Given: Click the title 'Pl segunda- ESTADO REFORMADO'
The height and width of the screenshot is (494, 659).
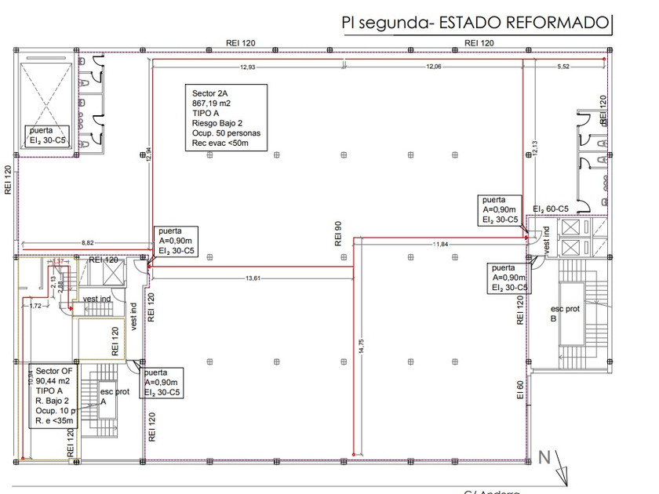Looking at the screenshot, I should click(x=475, y=23).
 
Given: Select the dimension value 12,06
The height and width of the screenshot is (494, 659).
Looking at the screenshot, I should click(x=434, y=67).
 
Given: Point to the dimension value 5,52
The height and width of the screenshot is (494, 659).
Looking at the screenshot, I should click(x=563, y=67).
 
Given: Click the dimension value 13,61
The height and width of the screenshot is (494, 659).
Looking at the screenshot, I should click(x=253, y=278).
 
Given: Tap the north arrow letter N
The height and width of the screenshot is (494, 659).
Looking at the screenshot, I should click(x=544, y=457).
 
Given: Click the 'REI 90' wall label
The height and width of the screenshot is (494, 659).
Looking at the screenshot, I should click(x=338, y=233).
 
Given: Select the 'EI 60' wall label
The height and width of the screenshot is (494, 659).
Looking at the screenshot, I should click(x=519, y=390).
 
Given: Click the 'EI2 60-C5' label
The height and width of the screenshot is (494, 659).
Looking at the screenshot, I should click(x=549, y=209).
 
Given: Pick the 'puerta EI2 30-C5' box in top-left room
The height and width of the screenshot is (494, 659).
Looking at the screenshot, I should click(x=49, y=135).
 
